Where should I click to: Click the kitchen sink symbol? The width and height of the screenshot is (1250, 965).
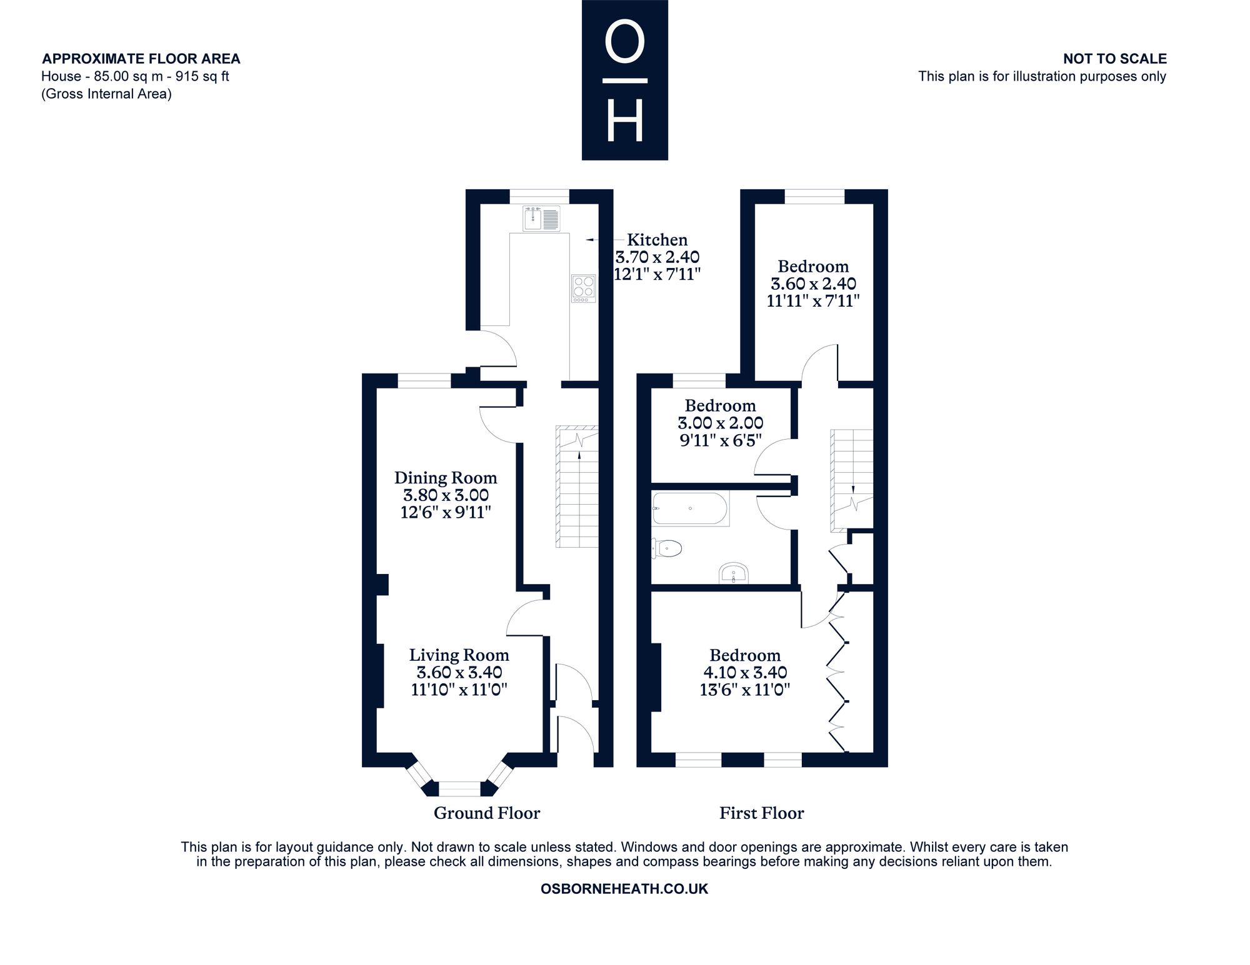pyautogui.click(x=542, y=218)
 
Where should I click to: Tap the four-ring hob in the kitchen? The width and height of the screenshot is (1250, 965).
pyautogui.click(x=584, y=289)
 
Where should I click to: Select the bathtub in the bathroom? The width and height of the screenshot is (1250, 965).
pyautogui.click(x=690, y=509)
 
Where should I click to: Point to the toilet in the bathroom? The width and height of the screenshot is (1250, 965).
pyautogui.click(x=666, y=549)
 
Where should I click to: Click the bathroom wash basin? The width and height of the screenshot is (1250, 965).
pyautogui.click(x=734, y=573)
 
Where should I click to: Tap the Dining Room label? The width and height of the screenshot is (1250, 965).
pyautogui.click(x=446, y=478)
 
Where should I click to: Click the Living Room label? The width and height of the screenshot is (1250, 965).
pyautogui.click(x=459, y=655)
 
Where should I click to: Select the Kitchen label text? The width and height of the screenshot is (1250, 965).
pyautogui.click(x=657, y=240)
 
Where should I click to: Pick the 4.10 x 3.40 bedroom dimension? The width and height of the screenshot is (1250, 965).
pyautogui.click(x=745, y=673)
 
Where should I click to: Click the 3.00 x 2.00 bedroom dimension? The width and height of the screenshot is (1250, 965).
pyautogui.click(x=721, y=423)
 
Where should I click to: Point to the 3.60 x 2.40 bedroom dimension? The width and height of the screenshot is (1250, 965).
pyautogui.click(x=813, y=284)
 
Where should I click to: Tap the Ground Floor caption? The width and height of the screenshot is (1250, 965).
pyautogui.click(x=487, y=813)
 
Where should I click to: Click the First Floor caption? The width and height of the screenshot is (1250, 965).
pyautogui.click(x=761, y=813)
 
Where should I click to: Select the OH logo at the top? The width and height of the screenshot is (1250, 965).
pyautogui.click(x=625, y=80)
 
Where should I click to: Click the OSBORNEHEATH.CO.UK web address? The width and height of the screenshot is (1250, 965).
pyautogui.click(x=624, y=889)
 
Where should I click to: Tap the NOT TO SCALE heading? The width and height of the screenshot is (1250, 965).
pyautogui.click(x=1115, y=59)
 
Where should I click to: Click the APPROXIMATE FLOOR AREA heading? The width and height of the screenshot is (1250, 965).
pyautogui.click(x=141, y=59)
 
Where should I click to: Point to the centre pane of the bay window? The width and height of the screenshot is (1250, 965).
pyautogui.click(x=460, y=789)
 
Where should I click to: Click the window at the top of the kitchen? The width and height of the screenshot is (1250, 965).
pyautogui.click(x=539, y=196)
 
